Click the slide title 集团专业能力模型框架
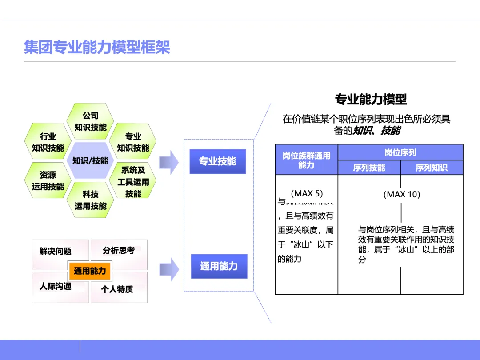[97, 47]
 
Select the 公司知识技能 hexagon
[90, 121]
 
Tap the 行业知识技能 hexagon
[48, 142]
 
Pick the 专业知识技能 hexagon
[133, 142]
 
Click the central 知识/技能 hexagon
[90, 160]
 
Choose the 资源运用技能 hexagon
[48, 180]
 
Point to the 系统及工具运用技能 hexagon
[133, 181]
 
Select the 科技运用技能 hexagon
[90, 200]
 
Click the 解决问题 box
[56, 252]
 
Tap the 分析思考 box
[119, 251]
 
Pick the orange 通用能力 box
[90, 271]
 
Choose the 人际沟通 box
[56, 287]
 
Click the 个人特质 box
[117, 289]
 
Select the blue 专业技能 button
[217, 161]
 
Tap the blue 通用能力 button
[219, 266]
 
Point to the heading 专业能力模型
[371, 99]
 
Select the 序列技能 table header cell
[369, 168]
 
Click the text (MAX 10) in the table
[401, 194]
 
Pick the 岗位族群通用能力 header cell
[306, 160]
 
